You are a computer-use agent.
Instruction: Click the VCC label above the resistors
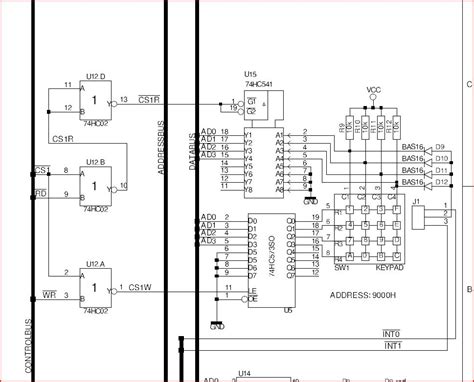(x=373, y=90)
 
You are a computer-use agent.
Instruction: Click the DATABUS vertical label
(x=193, y=150)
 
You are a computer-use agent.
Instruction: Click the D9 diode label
(x=440, y=147)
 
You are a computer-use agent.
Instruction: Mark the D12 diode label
(x=440, y=183)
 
